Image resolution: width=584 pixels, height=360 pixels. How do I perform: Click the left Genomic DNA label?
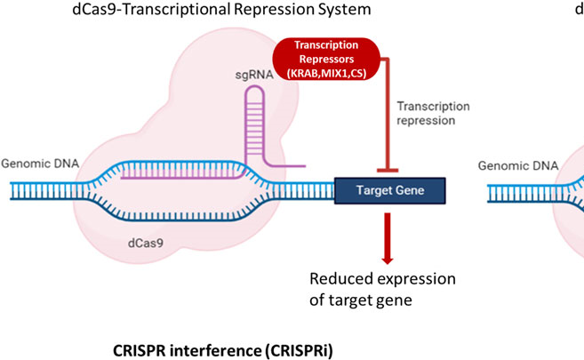pyautogui.click(x=35, y=164)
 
